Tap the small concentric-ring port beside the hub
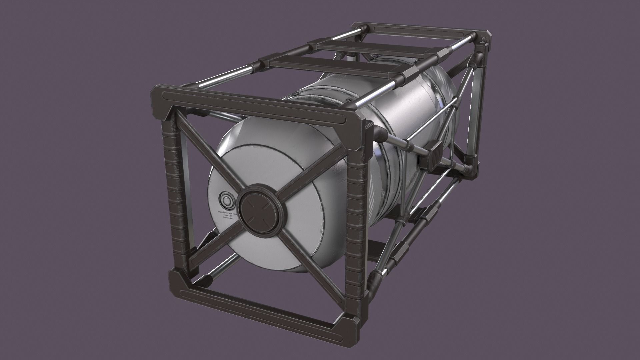[x=227, y=200]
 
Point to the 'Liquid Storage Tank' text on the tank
[x=227, y=212]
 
